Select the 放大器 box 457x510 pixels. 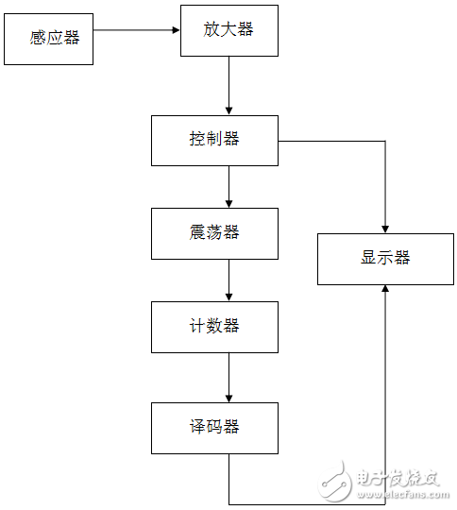click(x=228, y=29)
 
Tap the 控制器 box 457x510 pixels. click(x=214, y=140)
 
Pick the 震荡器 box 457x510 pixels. click(x=214, y=232)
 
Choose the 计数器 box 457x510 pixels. click(x=214, y=327)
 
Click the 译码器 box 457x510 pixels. click(x=214, y=427)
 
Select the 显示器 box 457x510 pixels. click(x=385, y=258)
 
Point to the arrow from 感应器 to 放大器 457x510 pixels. click(x=137, y=29)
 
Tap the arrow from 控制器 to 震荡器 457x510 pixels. click(x=228, y=186)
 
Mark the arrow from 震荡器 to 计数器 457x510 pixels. click(x=228, y=280)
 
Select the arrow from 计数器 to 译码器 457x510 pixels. click(x=228, y=378)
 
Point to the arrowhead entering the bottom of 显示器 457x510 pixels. click(x=385, y=290)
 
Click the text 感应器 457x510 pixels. click(x=55, y=39)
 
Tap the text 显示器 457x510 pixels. click(x=385, y=258)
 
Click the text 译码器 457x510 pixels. click(x=214, y=427)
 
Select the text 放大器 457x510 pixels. click(x=228, y=29)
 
